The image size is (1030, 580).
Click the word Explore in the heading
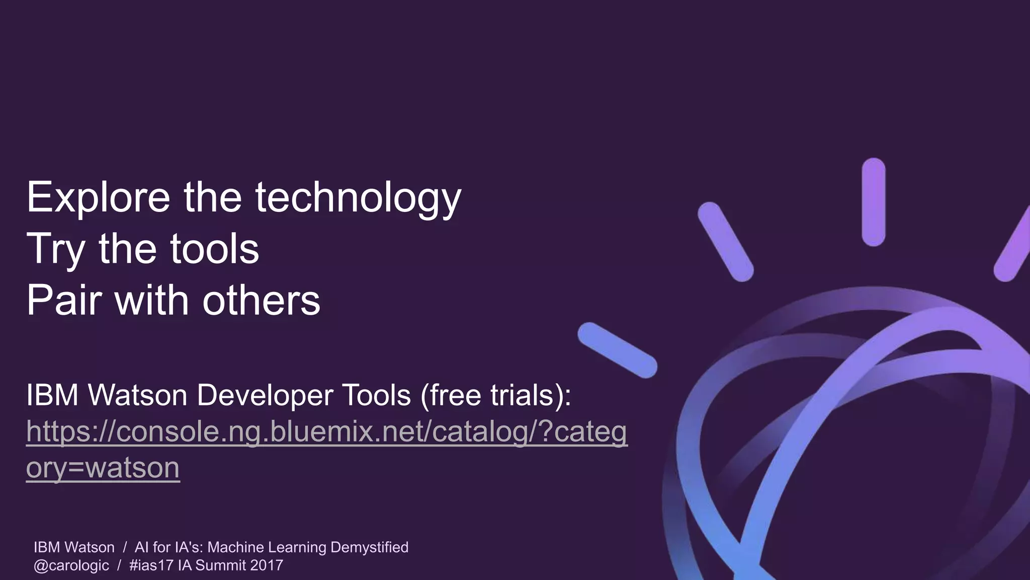click(99, 198)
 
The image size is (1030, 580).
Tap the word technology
click(358, 198)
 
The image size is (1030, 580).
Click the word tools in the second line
click(215, 249)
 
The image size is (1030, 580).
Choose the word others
click(261, 301)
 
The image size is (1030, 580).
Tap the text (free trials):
click(495, 395)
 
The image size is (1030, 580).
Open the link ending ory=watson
click(103, 468)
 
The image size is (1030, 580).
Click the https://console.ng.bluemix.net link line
click(326, 431)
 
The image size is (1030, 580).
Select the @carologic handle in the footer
click(71, 565)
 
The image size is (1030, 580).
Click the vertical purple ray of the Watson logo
click(873, 202)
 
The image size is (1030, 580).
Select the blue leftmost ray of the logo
click(617, 350)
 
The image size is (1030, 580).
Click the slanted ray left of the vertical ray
click(725, 242)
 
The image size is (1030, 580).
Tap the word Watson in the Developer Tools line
click(138, 395)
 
